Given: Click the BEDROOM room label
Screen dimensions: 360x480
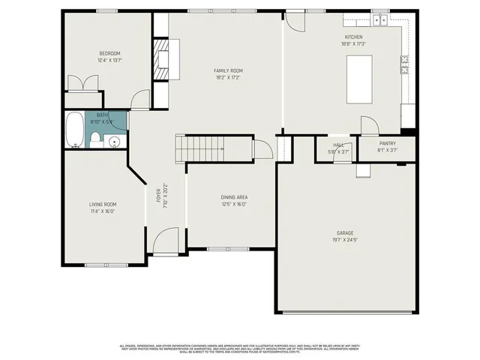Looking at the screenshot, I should pos(110,53).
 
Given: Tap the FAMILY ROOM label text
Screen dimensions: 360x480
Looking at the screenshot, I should pos(228,70).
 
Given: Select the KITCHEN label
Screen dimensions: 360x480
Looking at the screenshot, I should pos(353,37).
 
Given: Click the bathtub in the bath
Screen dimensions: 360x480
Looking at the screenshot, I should pos(75,129).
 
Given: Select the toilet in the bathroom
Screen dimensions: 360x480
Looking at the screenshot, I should pos(96,137).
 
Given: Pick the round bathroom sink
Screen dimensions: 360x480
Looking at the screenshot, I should pos(114,140).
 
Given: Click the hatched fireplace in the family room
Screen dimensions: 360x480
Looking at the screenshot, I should pos(162,58).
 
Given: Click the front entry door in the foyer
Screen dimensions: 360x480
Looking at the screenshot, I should pos(166,241).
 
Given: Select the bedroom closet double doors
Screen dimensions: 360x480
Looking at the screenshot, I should pos(83,83).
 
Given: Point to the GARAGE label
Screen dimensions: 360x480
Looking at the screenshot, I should pos(344,232).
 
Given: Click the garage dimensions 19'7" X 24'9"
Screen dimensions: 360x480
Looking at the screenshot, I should pos(344,240).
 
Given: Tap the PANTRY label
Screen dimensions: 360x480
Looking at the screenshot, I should pos(388,143).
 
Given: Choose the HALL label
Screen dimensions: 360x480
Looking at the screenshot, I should pos(339,145).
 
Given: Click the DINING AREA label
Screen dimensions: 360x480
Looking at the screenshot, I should pos(234,196).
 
